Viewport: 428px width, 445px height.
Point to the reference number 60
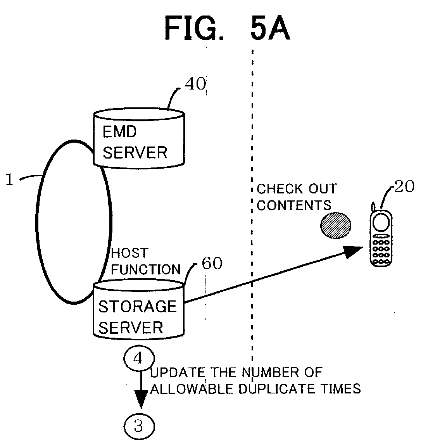coord(212,264)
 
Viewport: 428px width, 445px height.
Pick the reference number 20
coord(404,187)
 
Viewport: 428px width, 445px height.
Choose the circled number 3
coord(138,426)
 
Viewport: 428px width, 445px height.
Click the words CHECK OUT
coord(297,189)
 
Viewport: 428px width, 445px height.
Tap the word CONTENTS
coord(294,205)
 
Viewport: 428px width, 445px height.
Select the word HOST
coord(129,253)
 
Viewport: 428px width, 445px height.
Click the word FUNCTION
coord(146,269)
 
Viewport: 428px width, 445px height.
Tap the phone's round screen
coord(380,222)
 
